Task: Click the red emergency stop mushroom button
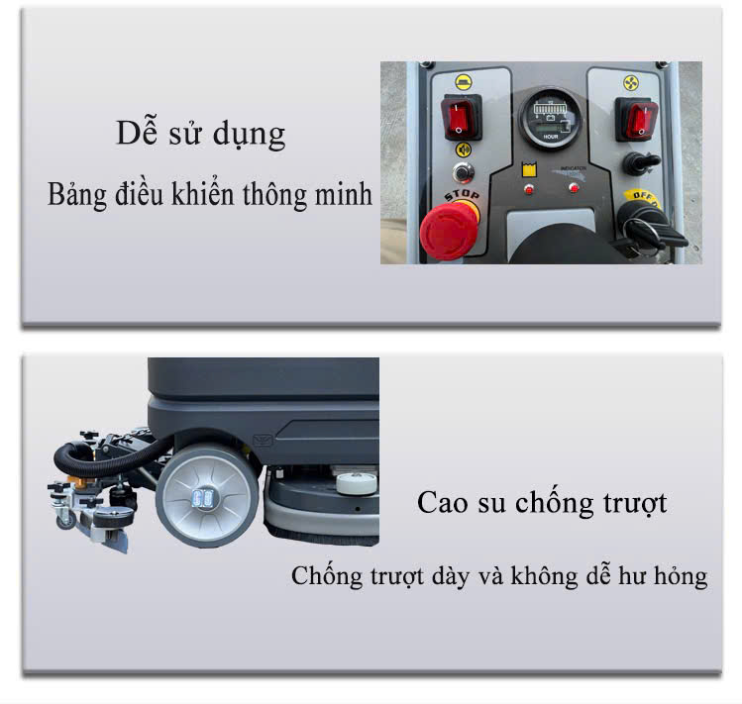448,231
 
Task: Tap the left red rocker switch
461,117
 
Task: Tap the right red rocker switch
636,119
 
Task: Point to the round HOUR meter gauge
551,118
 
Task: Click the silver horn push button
463,172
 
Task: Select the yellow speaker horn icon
464,151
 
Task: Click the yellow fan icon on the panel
630,83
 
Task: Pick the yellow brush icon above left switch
464,82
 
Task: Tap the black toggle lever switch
639,162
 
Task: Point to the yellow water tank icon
529,169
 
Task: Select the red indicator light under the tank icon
529,190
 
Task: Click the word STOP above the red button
462,195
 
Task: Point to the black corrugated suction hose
110,457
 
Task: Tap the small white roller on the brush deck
357,483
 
